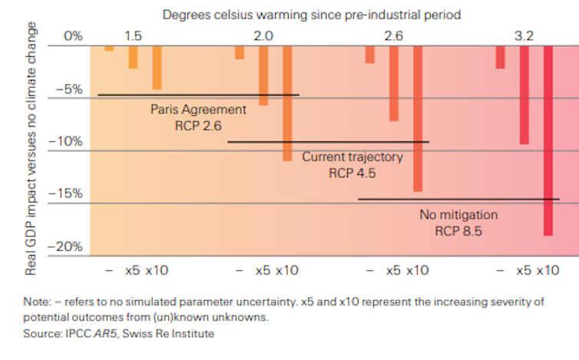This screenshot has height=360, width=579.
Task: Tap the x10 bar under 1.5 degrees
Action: [x=157, y=68]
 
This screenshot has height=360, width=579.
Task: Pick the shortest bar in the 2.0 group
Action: [x=240, y=52]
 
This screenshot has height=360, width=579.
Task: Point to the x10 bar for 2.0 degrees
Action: [x=287, y=103]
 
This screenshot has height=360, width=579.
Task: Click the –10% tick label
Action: [x=65, y=142]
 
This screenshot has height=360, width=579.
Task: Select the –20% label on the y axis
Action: [x=65, y=247]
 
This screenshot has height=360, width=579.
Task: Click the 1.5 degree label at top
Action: [x=132, y=36]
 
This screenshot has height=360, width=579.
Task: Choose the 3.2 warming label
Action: [x=524, y=36]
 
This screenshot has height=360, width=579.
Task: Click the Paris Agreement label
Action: [x=198, y=110]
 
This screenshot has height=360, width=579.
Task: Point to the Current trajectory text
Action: [x=352, y=157]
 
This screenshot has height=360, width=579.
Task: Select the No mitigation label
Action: [x=458, y=214]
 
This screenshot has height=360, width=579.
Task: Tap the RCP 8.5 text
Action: [x=458, y=230]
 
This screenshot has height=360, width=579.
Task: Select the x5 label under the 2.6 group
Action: [x=393, y=270]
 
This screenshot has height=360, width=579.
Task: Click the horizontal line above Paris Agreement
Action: [x=198, y=95]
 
